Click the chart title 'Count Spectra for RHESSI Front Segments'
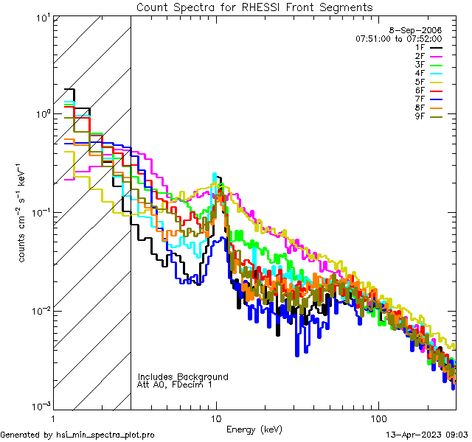point(254,7)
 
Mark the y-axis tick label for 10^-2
point(38,310)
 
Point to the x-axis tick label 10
point(215,417)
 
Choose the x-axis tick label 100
point(378,417)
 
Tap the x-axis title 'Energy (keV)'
point(254,429)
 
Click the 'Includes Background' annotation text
point(183,377)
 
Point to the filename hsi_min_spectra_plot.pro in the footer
point(105,435)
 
